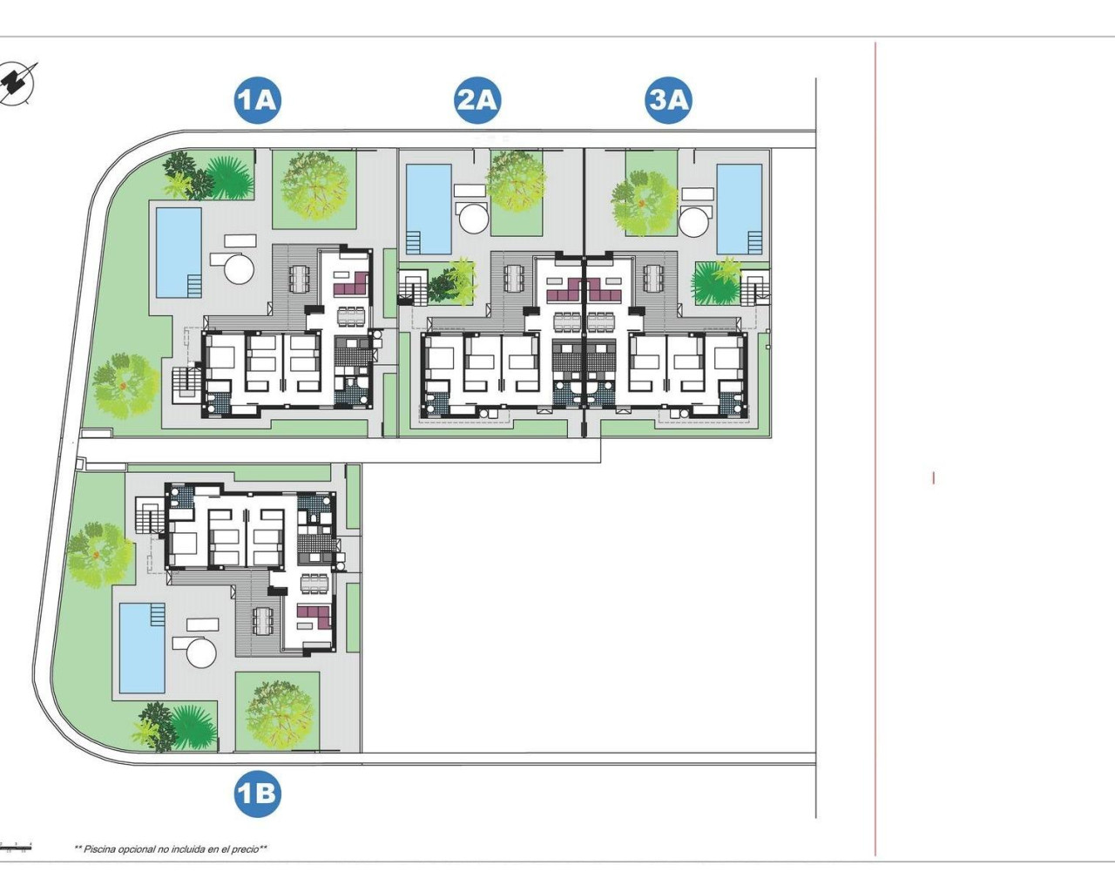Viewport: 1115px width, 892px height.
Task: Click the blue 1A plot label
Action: (257, 100)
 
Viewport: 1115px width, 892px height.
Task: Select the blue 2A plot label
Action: (476, 100)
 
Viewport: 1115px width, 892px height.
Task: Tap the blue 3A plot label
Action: (669, 100)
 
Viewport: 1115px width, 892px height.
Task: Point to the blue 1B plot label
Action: (257, 794)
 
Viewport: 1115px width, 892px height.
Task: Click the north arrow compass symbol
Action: (18, 84)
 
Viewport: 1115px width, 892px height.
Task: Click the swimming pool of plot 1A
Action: (179, 252)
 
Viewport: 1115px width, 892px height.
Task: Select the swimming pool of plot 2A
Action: (429, 206)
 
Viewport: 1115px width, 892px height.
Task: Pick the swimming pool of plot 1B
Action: (142, 647)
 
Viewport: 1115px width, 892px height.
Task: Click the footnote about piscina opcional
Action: (171, 848)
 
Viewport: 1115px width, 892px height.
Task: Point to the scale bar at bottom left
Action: (16, 846)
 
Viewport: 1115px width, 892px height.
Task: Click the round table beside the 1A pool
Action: (239, 267)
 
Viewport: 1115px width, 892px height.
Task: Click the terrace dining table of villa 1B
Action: (262, 620)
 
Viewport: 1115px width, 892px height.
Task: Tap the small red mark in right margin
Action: (933, 477)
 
